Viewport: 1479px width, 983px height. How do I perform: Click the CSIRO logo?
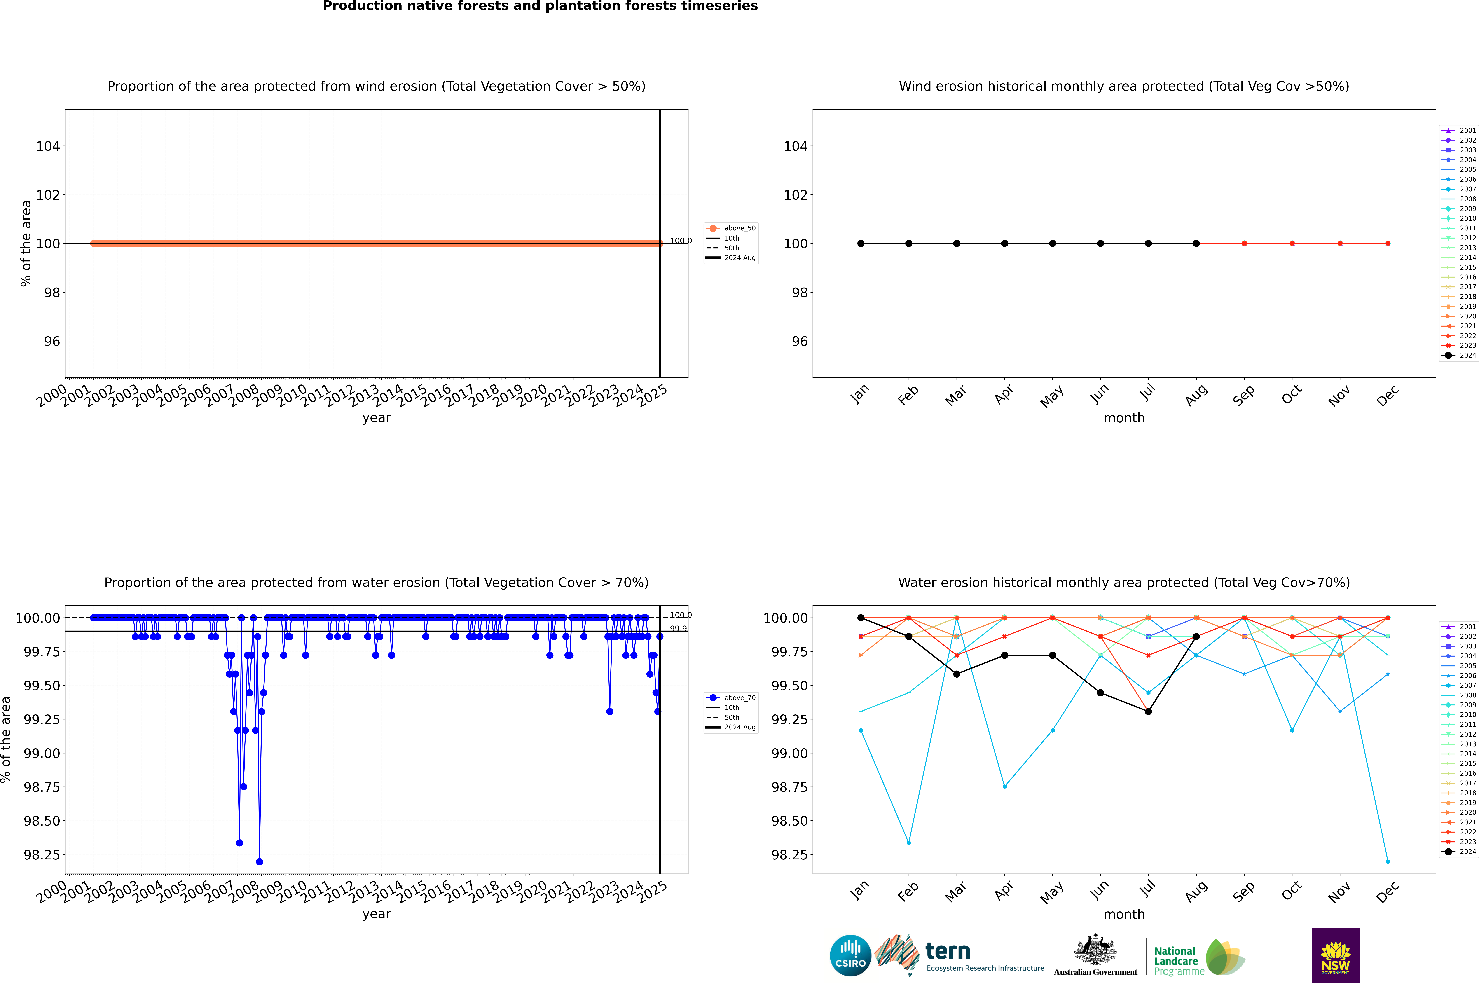click(x=850, y=955)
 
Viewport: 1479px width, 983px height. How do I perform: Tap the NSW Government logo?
click(x=1335, y=955)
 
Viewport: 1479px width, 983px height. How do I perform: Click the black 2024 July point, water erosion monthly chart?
click(x=1148, y=712)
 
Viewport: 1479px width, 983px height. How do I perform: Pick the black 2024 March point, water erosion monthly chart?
click(x=957, y=674)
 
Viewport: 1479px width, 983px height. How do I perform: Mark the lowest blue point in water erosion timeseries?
click(x=260, y=861)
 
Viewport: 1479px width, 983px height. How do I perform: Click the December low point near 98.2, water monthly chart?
click(x=1388, y=861)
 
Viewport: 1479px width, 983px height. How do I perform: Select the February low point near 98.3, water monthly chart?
click(x=908, y=843)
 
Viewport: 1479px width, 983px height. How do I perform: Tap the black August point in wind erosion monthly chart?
click(x=1196, y=243)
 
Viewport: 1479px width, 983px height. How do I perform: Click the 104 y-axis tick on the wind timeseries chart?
click(x=48, y=146)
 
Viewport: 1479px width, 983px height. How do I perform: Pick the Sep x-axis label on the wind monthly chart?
click(x=1244, y=395)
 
